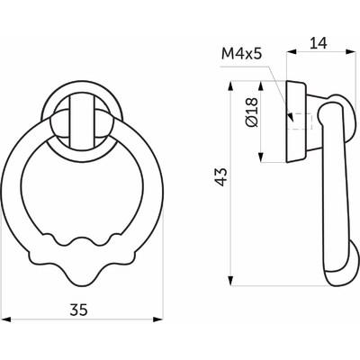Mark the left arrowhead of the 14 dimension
[289, 52]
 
